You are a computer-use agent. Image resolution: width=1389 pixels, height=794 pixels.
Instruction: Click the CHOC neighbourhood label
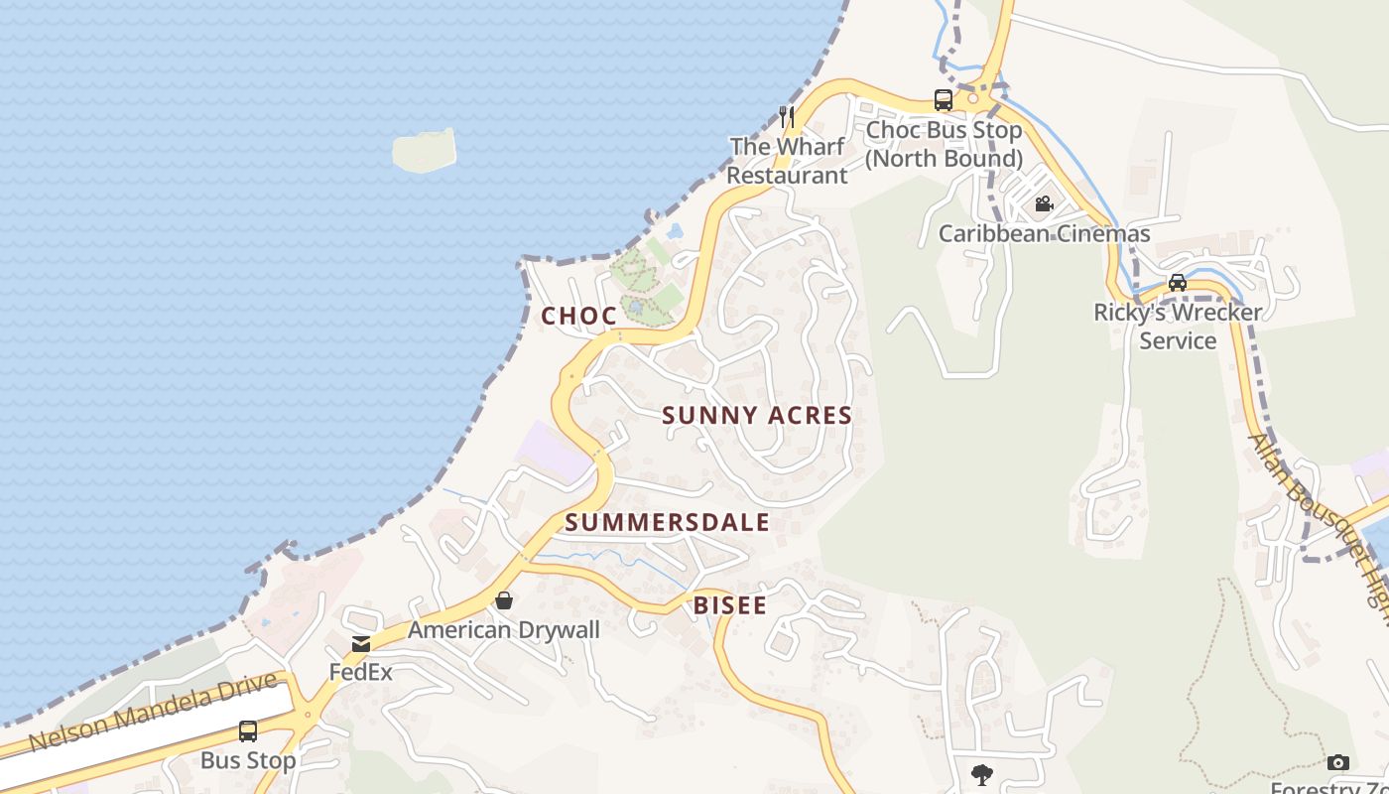coord(578,316)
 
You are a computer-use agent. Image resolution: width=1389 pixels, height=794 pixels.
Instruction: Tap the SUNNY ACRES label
coord(757,415)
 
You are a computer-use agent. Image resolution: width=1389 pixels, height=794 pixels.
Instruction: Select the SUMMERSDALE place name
coord(668,522)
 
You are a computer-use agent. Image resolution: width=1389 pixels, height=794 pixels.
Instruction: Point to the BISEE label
coord(730,605)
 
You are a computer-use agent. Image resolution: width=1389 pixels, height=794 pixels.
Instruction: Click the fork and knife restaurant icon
coord(787,116)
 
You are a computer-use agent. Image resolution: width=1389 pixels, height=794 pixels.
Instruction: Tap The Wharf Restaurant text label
coord(788,161)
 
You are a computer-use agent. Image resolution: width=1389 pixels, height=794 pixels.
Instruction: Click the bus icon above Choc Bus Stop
coord(943,100)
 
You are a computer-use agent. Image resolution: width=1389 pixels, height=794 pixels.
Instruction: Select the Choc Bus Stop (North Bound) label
coord(944,144)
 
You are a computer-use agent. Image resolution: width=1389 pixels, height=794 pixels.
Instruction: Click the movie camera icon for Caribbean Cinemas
coord(1044,204)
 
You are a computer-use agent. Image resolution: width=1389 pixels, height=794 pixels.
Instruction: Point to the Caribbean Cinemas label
coord(1044,233)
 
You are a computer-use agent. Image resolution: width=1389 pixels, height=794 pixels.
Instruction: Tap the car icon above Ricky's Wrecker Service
coord(1178,282)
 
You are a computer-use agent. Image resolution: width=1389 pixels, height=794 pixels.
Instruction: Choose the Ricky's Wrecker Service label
coord(1178,326)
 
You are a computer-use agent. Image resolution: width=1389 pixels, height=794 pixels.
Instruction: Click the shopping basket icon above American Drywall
coord(504,600)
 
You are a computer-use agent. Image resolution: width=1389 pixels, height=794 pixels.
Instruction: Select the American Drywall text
coord(504,629)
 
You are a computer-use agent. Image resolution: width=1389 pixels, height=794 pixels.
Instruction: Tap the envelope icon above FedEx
coord(361,644)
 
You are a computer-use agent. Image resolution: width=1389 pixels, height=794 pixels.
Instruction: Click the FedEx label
coord(361,672)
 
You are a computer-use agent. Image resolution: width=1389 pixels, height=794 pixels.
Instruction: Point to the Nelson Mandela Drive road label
coord(154,712)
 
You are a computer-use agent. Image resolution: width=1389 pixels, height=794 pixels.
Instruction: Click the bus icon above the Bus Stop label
coord(248,731)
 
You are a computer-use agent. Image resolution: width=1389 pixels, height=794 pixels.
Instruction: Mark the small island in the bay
coord(424,150)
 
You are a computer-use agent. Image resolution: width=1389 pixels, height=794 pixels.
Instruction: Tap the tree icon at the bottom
coord(982,774)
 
